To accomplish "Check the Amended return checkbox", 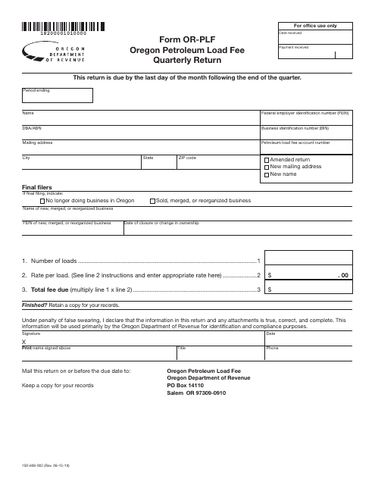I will point(267,161).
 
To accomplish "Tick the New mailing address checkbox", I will point(267,167).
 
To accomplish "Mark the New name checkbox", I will point(267,175).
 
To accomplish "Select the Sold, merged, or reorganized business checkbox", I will point(152,201).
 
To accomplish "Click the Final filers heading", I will point(39,187).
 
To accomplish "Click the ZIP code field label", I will point(187,158).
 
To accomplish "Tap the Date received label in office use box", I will point(293,33).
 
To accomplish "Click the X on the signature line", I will point(24,342).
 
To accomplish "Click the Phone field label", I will point(271,348).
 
